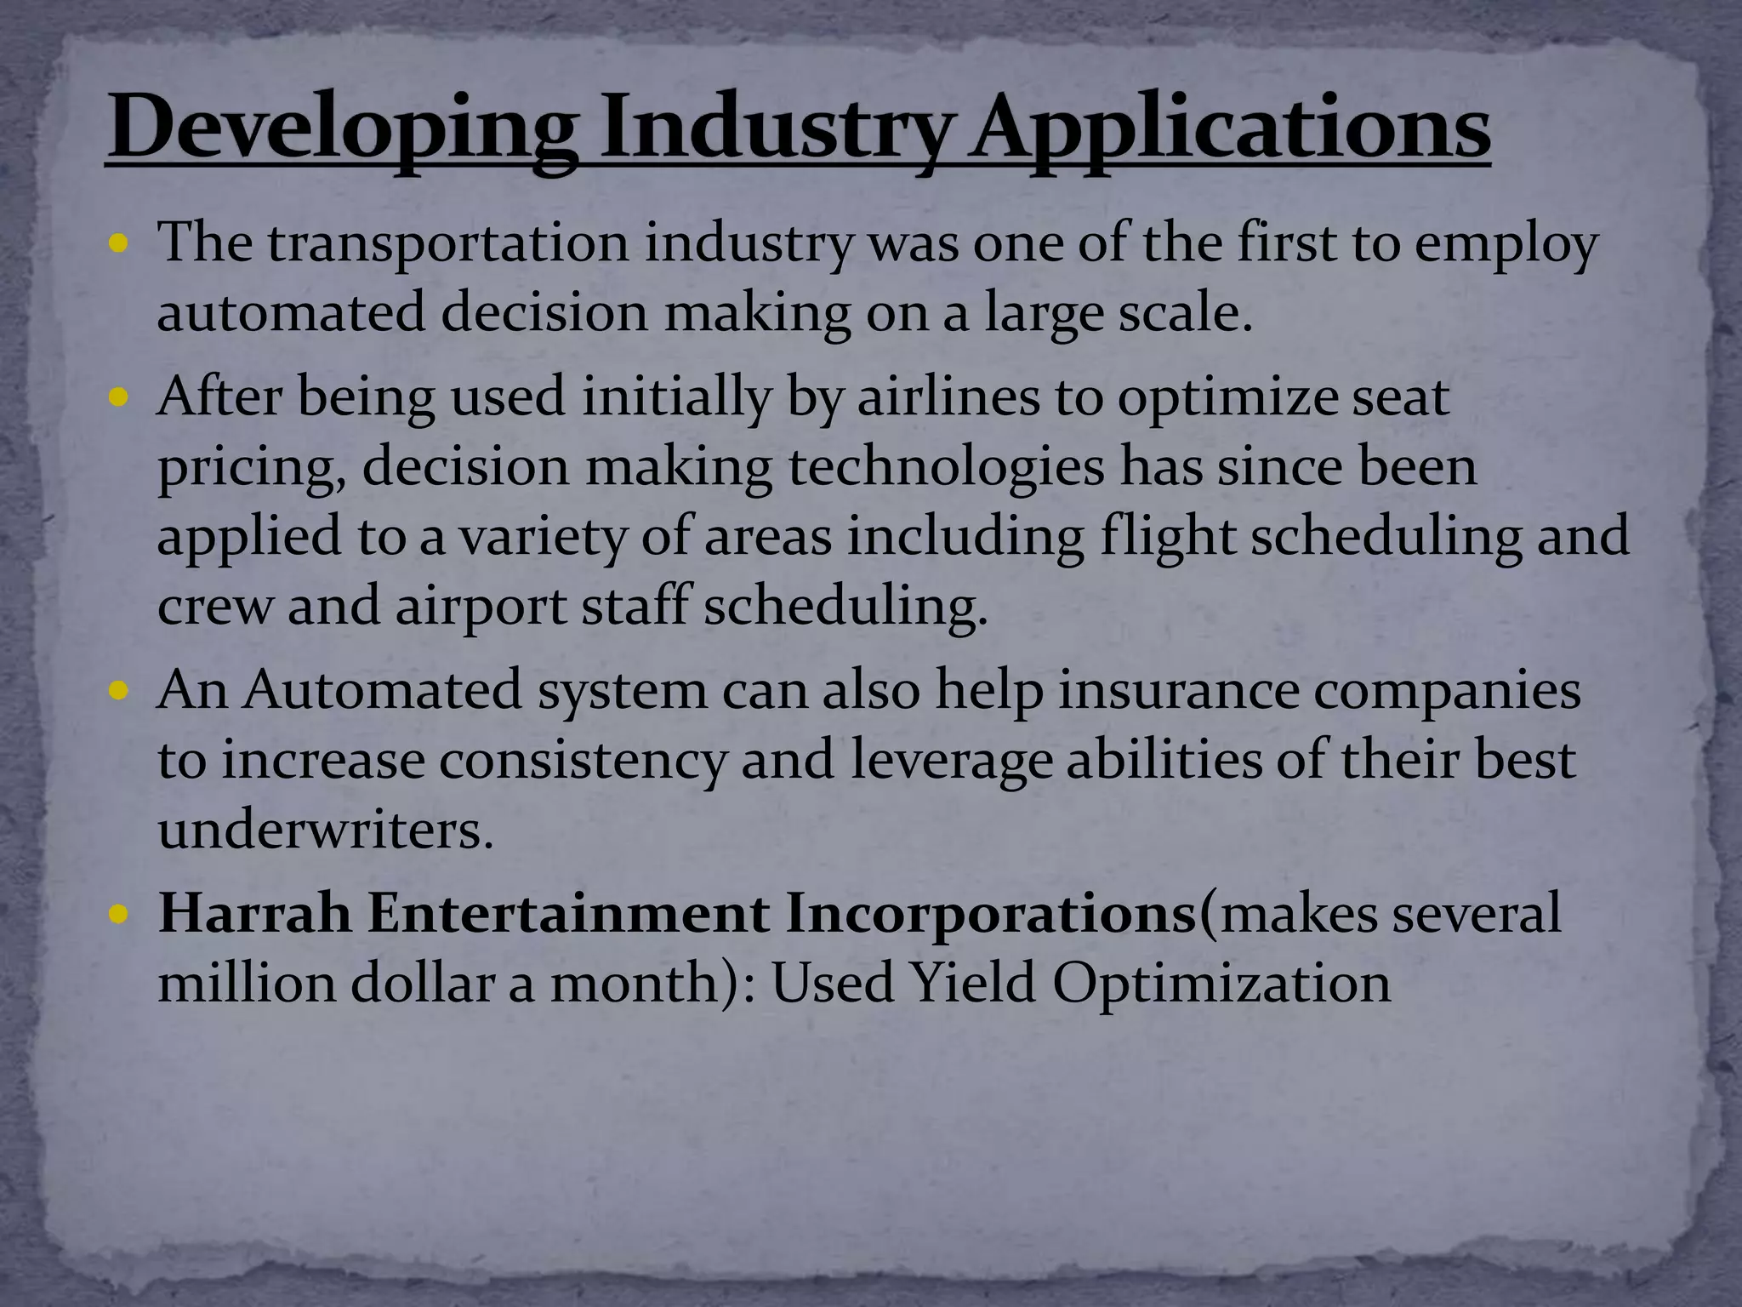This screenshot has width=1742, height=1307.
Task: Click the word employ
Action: [1506, 245]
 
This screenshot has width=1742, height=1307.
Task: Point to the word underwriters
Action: [325, 829]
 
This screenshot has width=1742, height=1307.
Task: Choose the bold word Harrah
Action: [254, 913]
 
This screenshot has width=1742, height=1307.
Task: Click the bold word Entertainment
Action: [568, 913]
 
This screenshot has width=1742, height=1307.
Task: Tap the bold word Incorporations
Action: [990, 915]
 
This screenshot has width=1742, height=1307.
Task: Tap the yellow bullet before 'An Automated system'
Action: [120, 691]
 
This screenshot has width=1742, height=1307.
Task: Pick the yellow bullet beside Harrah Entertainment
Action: [120, 915]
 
